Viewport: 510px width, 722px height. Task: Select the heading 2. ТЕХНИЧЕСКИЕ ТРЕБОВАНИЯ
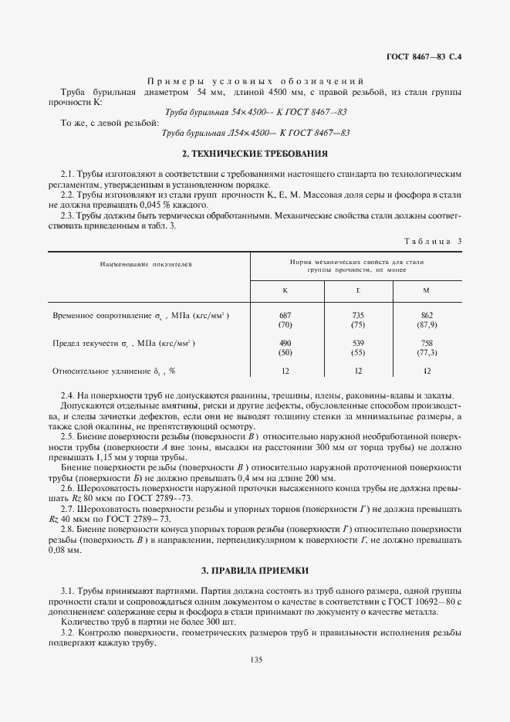[x=255, y=153]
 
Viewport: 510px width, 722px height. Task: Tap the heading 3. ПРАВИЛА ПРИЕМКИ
[x=255, y=571]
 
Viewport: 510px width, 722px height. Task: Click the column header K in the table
[x=285, y=290]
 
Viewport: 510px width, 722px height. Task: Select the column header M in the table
[x=427, y=290]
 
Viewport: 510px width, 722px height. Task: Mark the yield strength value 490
[x=285, y=342]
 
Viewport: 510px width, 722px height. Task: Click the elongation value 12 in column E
[x=357, y=371]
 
